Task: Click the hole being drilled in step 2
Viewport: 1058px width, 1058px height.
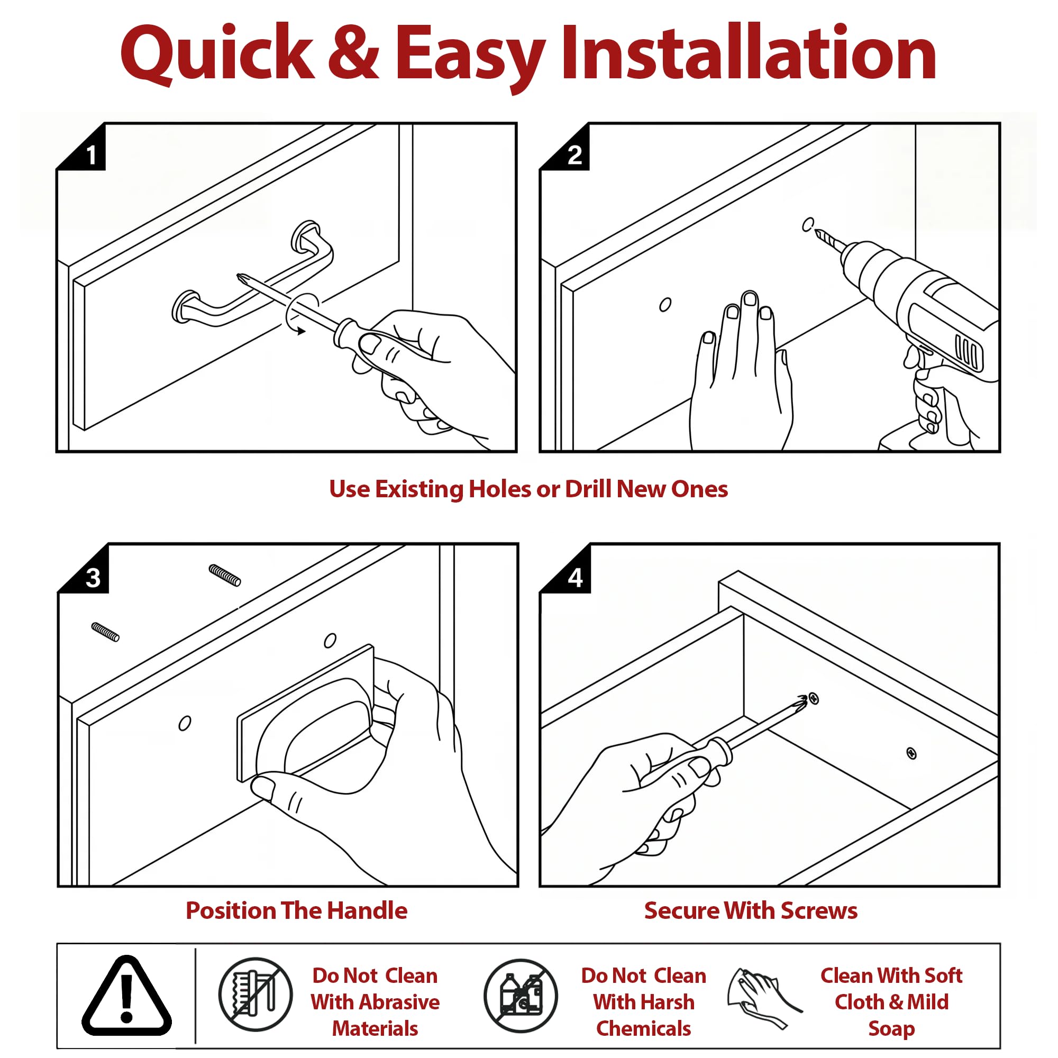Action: [x=808, y=224]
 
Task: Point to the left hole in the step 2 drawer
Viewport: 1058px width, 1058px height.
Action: [x=665, y=305]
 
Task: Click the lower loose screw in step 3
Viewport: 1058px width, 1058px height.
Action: [x=106, y=632]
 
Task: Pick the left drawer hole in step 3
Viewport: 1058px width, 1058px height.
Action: [x=185, y=723]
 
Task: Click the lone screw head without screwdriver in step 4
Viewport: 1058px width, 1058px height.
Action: [x=911, y=753]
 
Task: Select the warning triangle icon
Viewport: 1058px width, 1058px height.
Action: [x=126, y=997]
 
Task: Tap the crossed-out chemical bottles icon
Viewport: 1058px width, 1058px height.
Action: [x=521, y=996]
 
